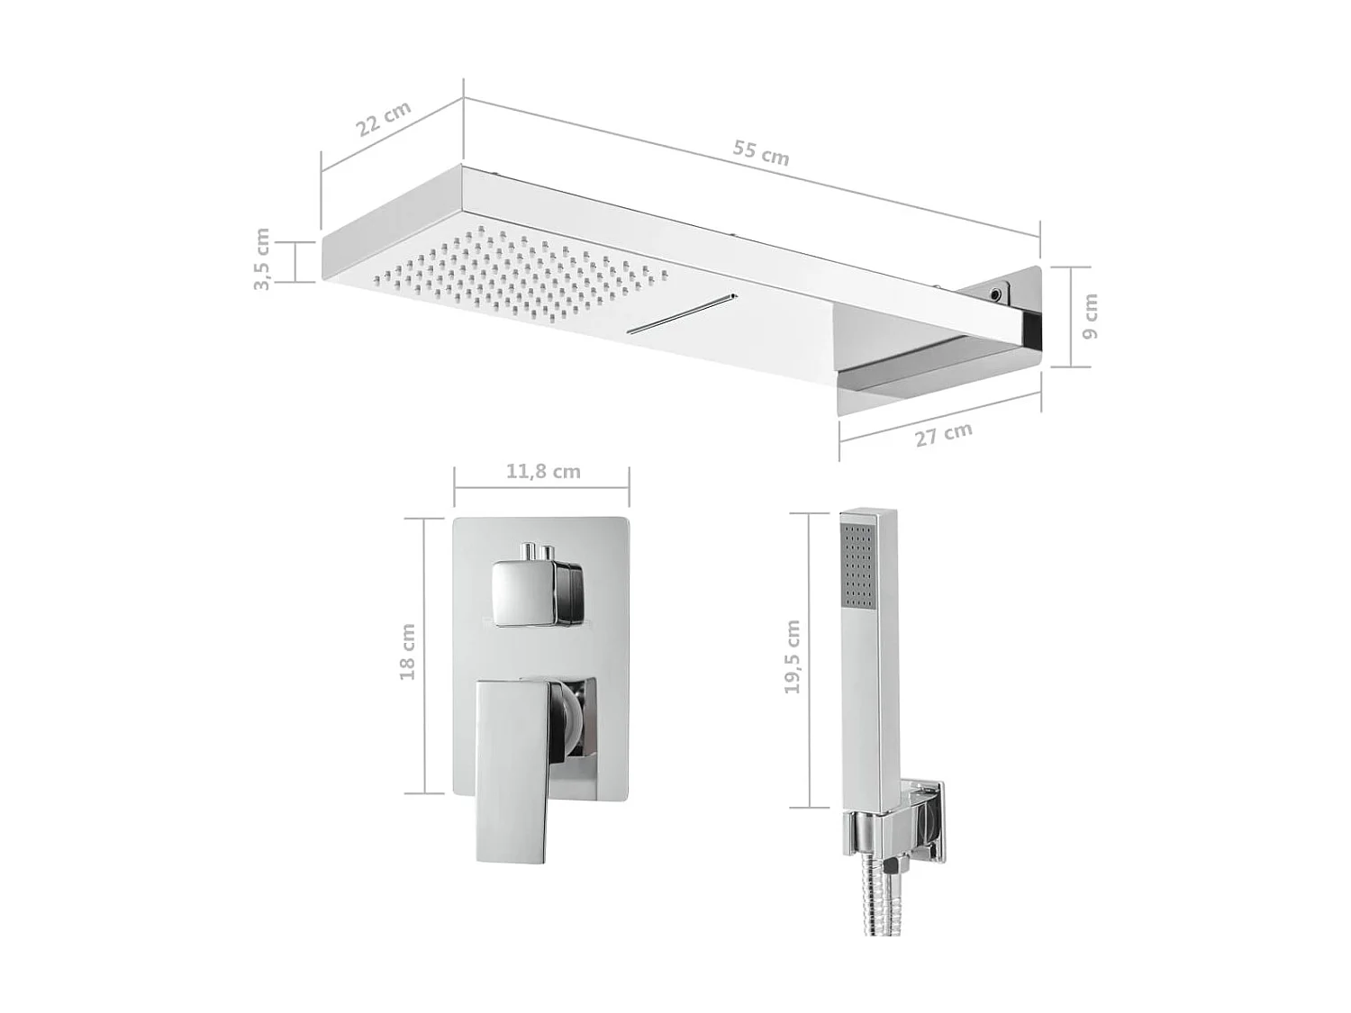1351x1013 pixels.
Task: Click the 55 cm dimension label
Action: point(760,153)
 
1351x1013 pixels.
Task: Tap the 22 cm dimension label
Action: point(383,118)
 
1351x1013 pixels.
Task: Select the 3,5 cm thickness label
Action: point(261,259)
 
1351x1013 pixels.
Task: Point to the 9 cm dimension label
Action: point(1090,317)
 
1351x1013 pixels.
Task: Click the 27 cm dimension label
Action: point(943,434)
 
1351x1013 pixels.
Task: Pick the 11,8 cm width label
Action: point(542,471)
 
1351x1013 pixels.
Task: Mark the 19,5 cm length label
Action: point(792,656)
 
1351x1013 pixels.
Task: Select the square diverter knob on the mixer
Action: point(524,592)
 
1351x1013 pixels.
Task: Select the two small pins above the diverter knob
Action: point(533,551)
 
